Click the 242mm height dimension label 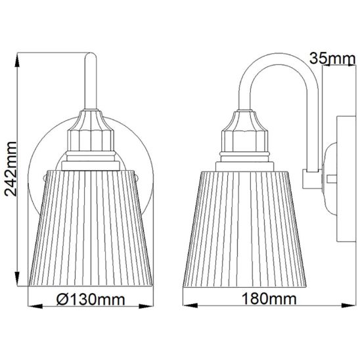click(x=11, y=169)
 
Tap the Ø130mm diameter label click(x=91, y=300)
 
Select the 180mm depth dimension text click(x=269, y=299)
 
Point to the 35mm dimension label click(x=332, y=58)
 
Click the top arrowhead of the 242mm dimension click(x=17, y=60)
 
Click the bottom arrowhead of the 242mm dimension click(x=17, y=279)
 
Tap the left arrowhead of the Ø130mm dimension click(x=35, y=306)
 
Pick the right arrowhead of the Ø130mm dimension click(x=146, y=306)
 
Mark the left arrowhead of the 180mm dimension click(x=191, y=305)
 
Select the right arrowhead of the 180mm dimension click(x=348, y=305)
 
